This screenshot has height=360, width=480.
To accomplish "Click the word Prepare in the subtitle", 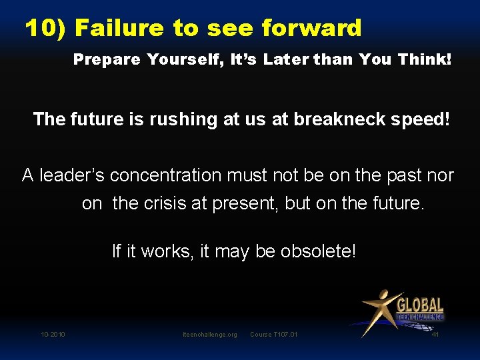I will (107, 59).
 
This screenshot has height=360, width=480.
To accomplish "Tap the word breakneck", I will (326, 120).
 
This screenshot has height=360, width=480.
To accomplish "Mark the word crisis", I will (163, 203).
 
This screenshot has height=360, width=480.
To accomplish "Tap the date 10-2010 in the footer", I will (53, 334).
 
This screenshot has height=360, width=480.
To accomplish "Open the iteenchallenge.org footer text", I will (209, 334).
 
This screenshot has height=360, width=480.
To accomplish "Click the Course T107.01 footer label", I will (273, 334).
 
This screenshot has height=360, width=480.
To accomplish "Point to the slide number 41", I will (435, 334).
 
